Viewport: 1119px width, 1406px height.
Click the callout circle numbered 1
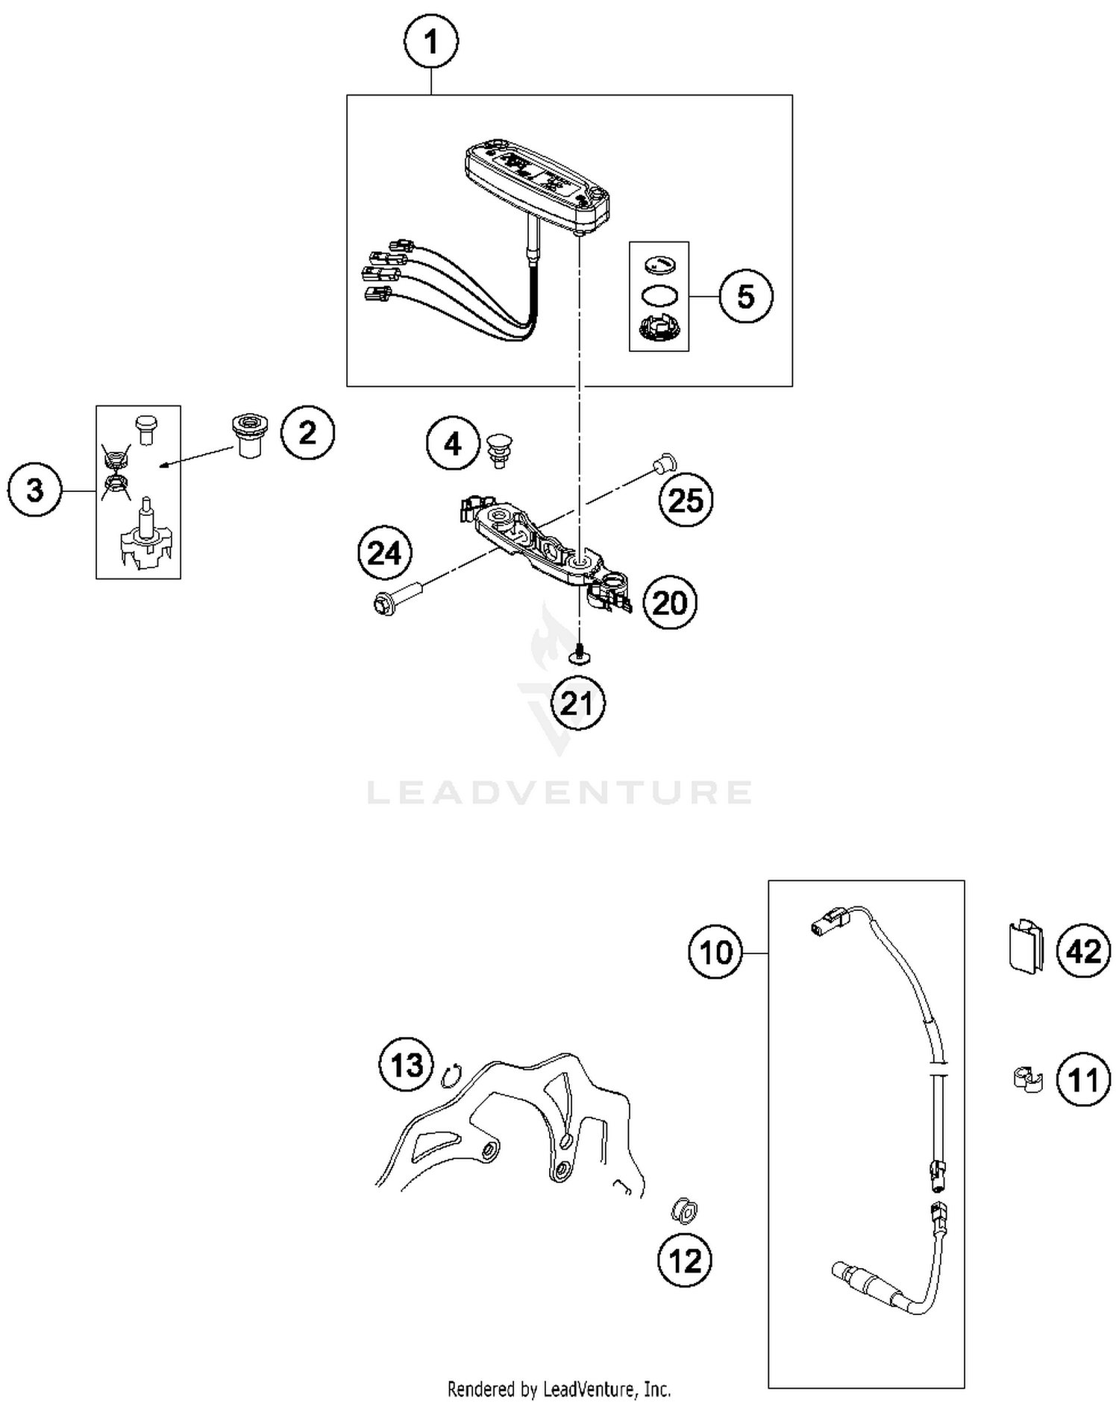[x=431, y=42]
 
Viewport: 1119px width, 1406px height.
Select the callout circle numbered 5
[x=745, y=296]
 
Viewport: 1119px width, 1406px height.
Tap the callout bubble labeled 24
[x=385, y=553]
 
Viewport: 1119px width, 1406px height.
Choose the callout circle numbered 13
[x=407, y=1064]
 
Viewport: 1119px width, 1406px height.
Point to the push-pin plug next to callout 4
[x=497, y=450]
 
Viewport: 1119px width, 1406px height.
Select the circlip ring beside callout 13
[x=450, y=1076]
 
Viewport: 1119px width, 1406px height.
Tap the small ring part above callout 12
[x=684, y=1211]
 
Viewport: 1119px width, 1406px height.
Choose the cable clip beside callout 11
[x=1028, y=1080]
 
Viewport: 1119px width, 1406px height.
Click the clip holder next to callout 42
[x=1025, y=948]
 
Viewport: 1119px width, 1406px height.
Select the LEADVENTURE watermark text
[x=559, y=792]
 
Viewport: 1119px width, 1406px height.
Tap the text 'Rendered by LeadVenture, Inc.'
[x=559, y=1389]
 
